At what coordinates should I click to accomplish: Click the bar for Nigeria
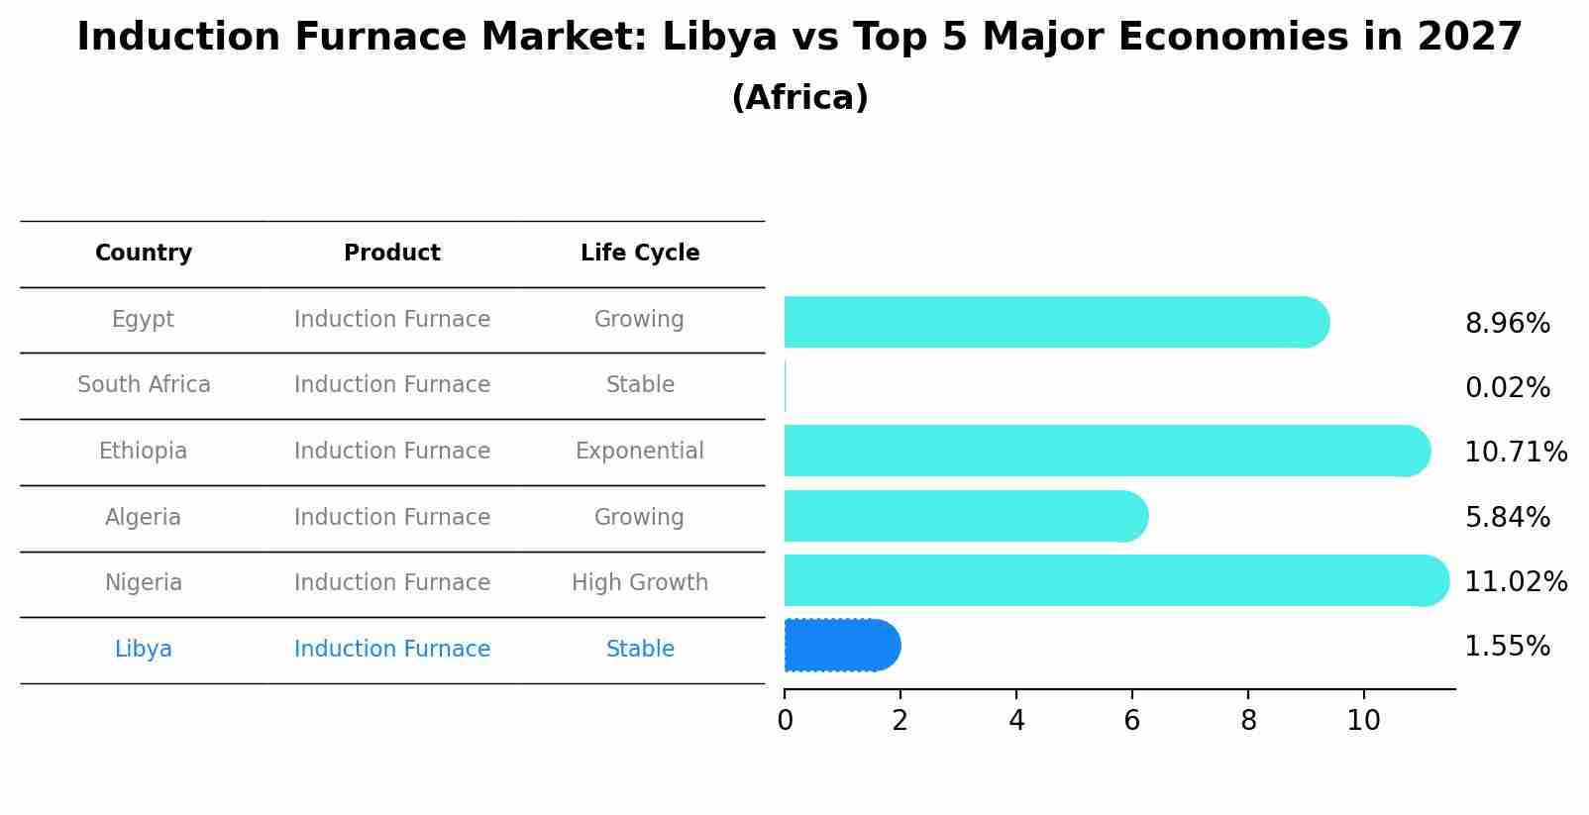coord(1114,580)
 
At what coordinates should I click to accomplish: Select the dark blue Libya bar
coord(841,646)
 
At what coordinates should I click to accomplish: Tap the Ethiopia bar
coord(1106,451)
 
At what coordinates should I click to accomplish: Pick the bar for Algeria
coord(965,516)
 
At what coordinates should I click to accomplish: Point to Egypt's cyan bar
coord(1055,322)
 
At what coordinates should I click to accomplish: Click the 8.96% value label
coord(1507,324)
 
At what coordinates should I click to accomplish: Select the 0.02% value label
coord(1507,388)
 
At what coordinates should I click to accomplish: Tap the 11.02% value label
coord(1515,581)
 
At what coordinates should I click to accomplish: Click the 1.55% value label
coord(1507,647)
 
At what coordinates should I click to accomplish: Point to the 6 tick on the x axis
coord(1131,721)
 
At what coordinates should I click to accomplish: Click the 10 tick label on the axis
coord(1363,721)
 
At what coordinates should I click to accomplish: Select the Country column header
coord(144,254)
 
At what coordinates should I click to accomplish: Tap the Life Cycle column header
coord(640,254)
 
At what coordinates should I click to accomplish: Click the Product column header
coord(392,254)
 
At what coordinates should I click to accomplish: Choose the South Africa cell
coord(144,384)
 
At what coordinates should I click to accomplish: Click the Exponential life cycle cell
coord(640,452)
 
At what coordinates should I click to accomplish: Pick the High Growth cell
coord(640,582)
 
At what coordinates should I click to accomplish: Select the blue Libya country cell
coord(144,650)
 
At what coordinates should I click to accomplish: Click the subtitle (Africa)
coord(799,98)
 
